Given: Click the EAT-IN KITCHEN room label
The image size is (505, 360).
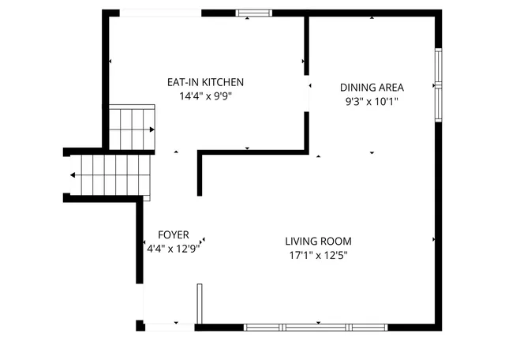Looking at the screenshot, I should (x=205, y=82).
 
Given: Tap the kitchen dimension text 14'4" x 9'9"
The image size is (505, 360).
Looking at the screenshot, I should (x=205, y=96).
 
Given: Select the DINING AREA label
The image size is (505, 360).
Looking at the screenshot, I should (x=372, y=87).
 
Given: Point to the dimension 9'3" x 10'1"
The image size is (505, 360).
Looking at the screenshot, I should (x=372, y=101).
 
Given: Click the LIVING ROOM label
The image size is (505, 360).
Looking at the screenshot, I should (x=318, y=242).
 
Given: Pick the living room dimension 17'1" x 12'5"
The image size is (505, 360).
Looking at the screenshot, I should (x=318, y=255).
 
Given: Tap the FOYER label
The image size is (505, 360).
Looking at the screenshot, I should (x=173, y=234).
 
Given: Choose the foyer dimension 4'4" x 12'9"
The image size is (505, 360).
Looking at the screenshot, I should (x=173, y=248).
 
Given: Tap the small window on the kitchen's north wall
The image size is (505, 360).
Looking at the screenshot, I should (x=254, y=13).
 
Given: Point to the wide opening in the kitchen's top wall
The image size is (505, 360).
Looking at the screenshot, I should (x=160, y=13).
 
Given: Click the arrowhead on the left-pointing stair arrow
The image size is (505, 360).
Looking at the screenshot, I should (x=73, y=175).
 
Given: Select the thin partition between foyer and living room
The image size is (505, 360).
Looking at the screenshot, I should (x=200, y=303).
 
